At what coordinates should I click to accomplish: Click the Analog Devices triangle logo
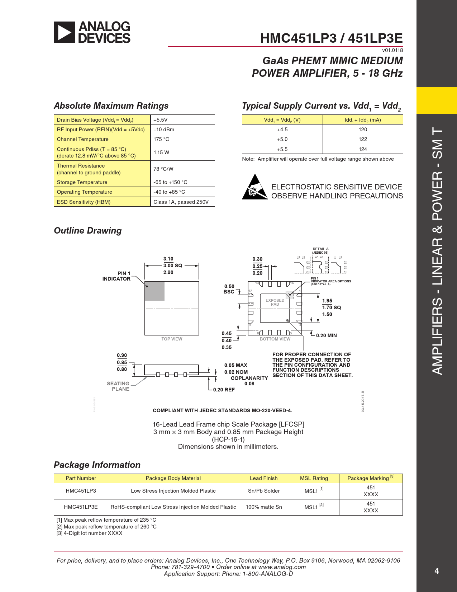(65, 32)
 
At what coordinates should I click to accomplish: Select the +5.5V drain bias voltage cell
(161, 120)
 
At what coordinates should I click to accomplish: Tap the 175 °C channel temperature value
(161, 139)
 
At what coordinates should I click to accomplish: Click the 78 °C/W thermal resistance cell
(163, 169)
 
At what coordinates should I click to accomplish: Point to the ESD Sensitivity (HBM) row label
(84, 202)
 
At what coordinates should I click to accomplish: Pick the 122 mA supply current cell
(363, 139)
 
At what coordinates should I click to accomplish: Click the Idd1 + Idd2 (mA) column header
(363, 120)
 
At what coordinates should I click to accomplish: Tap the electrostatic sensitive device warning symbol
(255, 187)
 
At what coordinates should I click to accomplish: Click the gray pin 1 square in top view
(154, 291)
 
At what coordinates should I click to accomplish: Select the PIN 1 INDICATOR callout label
(116, 276)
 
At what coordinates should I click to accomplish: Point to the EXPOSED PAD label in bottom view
(275, 302)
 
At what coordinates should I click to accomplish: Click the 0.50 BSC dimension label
(229, 289)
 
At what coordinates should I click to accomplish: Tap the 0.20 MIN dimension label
(326, 335)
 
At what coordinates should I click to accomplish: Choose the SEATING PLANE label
(118, 386)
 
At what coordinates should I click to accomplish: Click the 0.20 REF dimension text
(224, 390)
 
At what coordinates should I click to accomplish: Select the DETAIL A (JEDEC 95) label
(320, 250)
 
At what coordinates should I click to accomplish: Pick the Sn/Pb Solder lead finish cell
(264, 491)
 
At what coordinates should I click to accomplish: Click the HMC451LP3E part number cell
(81, 507)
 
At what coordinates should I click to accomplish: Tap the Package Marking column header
(371, 478)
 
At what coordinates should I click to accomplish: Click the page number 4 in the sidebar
(437, 571)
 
